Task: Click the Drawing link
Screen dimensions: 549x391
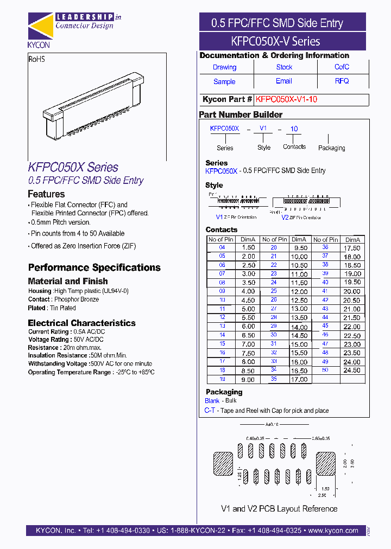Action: [x=224, y=67]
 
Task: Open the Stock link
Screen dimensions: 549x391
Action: [x=284, y=67]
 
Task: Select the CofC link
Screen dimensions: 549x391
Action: [x=342, y=67]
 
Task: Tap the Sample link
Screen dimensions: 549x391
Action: [x=224, y=81]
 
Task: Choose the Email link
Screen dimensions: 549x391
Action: [x=283, y=81]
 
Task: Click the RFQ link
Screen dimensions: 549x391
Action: [x=342, y=81]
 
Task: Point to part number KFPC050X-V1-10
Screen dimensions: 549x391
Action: [x=286, y=100]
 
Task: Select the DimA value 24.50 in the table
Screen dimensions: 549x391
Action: [x=352, y=371]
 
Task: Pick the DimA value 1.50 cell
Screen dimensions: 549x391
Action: [x=248, y=248]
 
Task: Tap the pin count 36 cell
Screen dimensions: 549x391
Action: [x=325, y=248]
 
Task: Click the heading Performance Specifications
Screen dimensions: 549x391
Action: [x=94, y=267]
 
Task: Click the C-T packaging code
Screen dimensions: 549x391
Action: [x=210, y=411]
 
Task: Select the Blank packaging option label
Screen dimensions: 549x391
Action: [x=212, y=401]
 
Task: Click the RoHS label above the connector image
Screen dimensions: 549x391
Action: [x=36, y=59]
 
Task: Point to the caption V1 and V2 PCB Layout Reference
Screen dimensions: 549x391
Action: [x=279, y=509]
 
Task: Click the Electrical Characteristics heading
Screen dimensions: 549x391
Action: [x=81, y=323]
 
